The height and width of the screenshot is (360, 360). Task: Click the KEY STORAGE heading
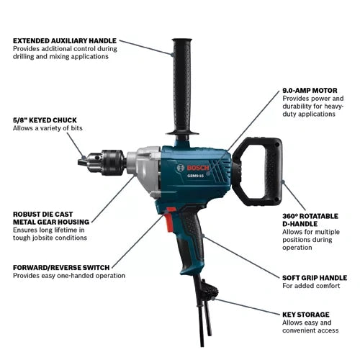click(x=305, y=315)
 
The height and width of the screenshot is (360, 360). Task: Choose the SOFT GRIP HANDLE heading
click(x=315, y=276)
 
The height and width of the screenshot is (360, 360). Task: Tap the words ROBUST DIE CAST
click(x=48, y=214)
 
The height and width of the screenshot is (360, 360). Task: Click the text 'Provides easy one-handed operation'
click(x=69, y=275)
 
